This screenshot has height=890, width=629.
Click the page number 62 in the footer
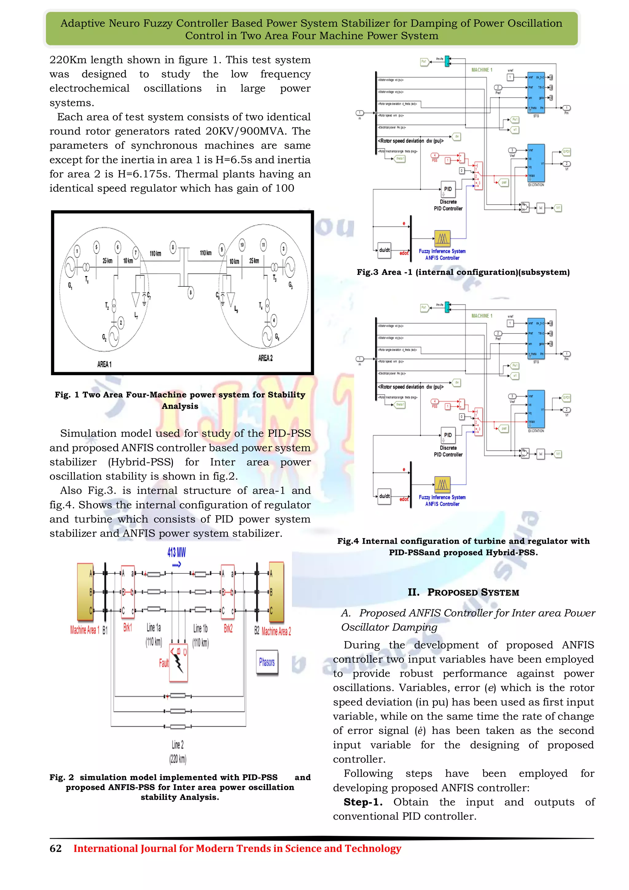(55, 849)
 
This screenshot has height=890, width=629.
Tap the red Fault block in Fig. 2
(178, 663)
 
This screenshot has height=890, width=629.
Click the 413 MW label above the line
(177, 552)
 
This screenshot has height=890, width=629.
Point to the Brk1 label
(127, 628)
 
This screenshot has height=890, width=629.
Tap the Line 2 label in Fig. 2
(178, 745)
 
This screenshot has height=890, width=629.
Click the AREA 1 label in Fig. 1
(104, 364)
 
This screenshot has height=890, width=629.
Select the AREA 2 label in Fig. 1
(265, 358)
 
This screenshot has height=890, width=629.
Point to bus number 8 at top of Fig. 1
(173, 247)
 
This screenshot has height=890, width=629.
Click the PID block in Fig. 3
(448, 189)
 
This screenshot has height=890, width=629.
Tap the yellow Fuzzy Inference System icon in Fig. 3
(442, 238)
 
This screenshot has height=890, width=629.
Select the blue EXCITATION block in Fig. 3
(536, 163)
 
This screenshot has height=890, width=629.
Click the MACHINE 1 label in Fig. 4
(482, 316)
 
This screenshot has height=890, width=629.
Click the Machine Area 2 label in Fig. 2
(276, 631)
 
